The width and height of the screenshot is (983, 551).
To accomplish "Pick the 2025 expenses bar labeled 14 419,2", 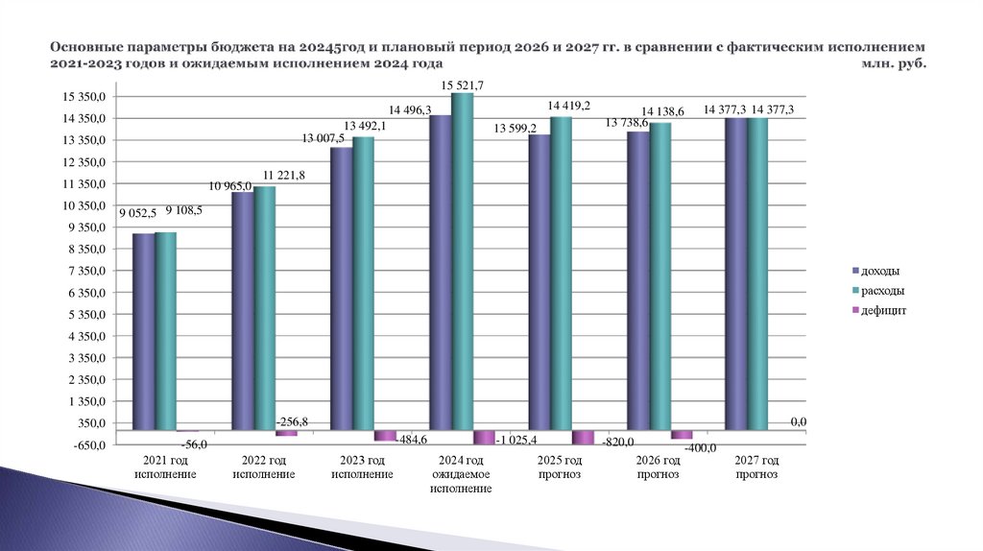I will (562, 273).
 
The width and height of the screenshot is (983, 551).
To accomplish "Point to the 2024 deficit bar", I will (485, 437).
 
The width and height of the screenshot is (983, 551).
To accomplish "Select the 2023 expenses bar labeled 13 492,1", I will (363, 283).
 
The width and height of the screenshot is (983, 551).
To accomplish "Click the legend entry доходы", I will (879, 271).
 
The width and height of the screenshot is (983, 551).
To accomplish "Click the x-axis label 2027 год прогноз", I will (757, 467).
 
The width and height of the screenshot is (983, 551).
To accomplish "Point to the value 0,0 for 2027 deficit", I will (799, 422).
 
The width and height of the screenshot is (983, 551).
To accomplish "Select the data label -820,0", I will (619, 442).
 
